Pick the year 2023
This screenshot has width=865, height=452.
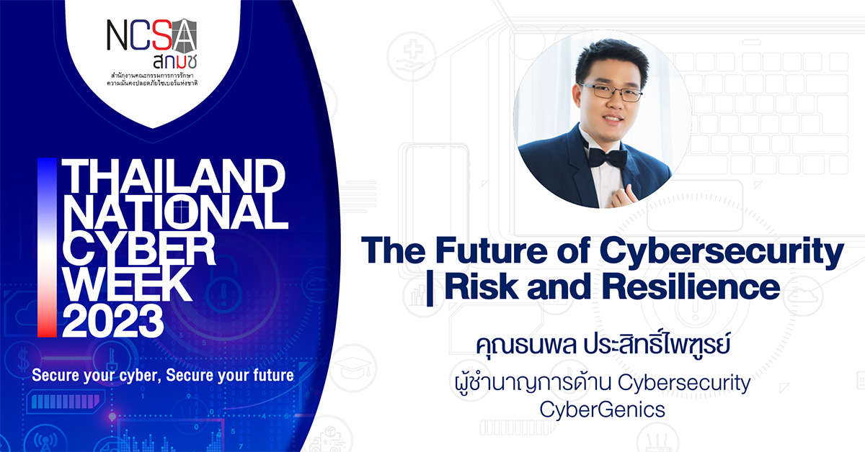(x=112, y=322)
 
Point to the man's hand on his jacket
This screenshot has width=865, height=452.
(x=618, y=194)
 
